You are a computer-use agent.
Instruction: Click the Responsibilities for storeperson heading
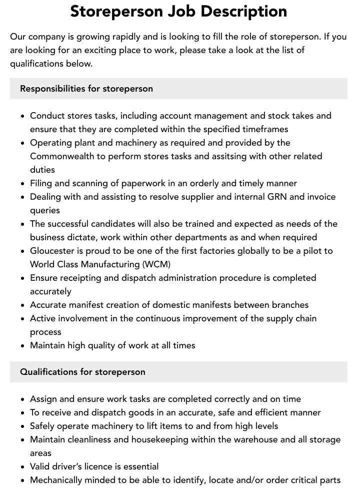pyautogui.click(x=86, y=89)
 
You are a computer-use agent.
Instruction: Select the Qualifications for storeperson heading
pyautogui.click(x=83, y=372)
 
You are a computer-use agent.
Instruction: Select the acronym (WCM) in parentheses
pyautogui.click(x=156, y=264)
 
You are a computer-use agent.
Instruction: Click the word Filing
pyautogui.click(x=41, y=183)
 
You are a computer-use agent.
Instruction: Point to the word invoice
pyautogui.click(x=320, y=197)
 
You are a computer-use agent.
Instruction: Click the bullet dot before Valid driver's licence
pyautogui.click(x=23, y=467)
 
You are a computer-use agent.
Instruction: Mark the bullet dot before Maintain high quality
pyautogui.click(x=23, y=346)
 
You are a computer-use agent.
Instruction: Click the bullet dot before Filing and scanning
pyautogui.click(x=23, y=184)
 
